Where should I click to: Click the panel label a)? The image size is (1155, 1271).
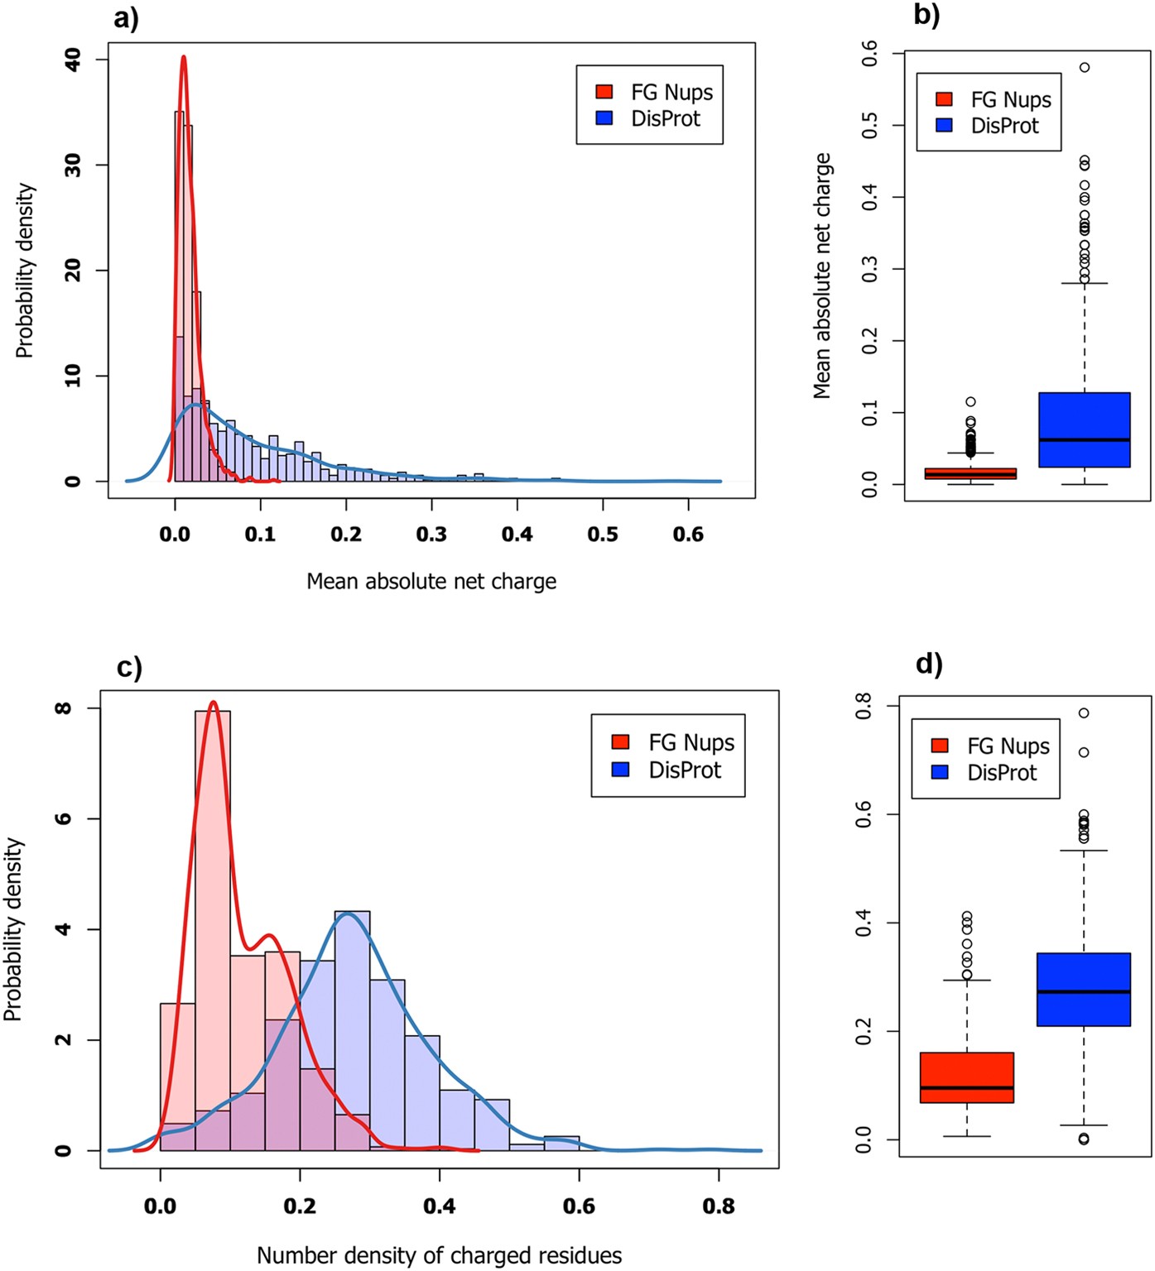126,17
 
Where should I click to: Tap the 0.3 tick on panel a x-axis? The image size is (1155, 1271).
431,535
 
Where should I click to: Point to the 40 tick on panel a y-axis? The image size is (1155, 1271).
73,60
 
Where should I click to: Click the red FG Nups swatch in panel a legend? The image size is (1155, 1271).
604,92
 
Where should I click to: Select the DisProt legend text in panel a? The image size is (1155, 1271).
666,119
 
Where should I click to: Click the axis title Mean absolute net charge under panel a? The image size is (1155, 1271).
431,582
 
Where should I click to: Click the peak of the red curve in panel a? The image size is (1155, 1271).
183,58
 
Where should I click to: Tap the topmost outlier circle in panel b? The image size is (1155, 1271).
1085,67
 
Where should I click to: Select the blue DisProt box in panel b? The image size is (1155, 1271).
1085,429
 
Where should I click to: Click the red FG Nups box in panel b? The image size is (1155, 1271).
970,473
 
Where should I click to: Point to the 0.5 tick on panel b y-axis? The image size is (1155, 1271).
869,126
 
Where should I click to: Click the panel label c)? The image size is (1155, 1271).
129,667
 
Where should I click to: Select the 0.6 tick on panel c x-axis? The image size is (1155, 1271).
579,1206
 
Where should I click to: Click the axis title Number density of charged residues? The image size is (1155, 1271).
439,1255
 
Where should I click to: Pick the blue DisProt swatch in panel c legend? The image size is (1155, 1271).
620,770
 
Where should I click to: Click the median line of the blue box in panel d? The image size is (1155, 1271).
1084,991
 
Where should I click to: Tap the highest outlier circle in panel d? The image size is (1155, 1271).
1084,712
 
